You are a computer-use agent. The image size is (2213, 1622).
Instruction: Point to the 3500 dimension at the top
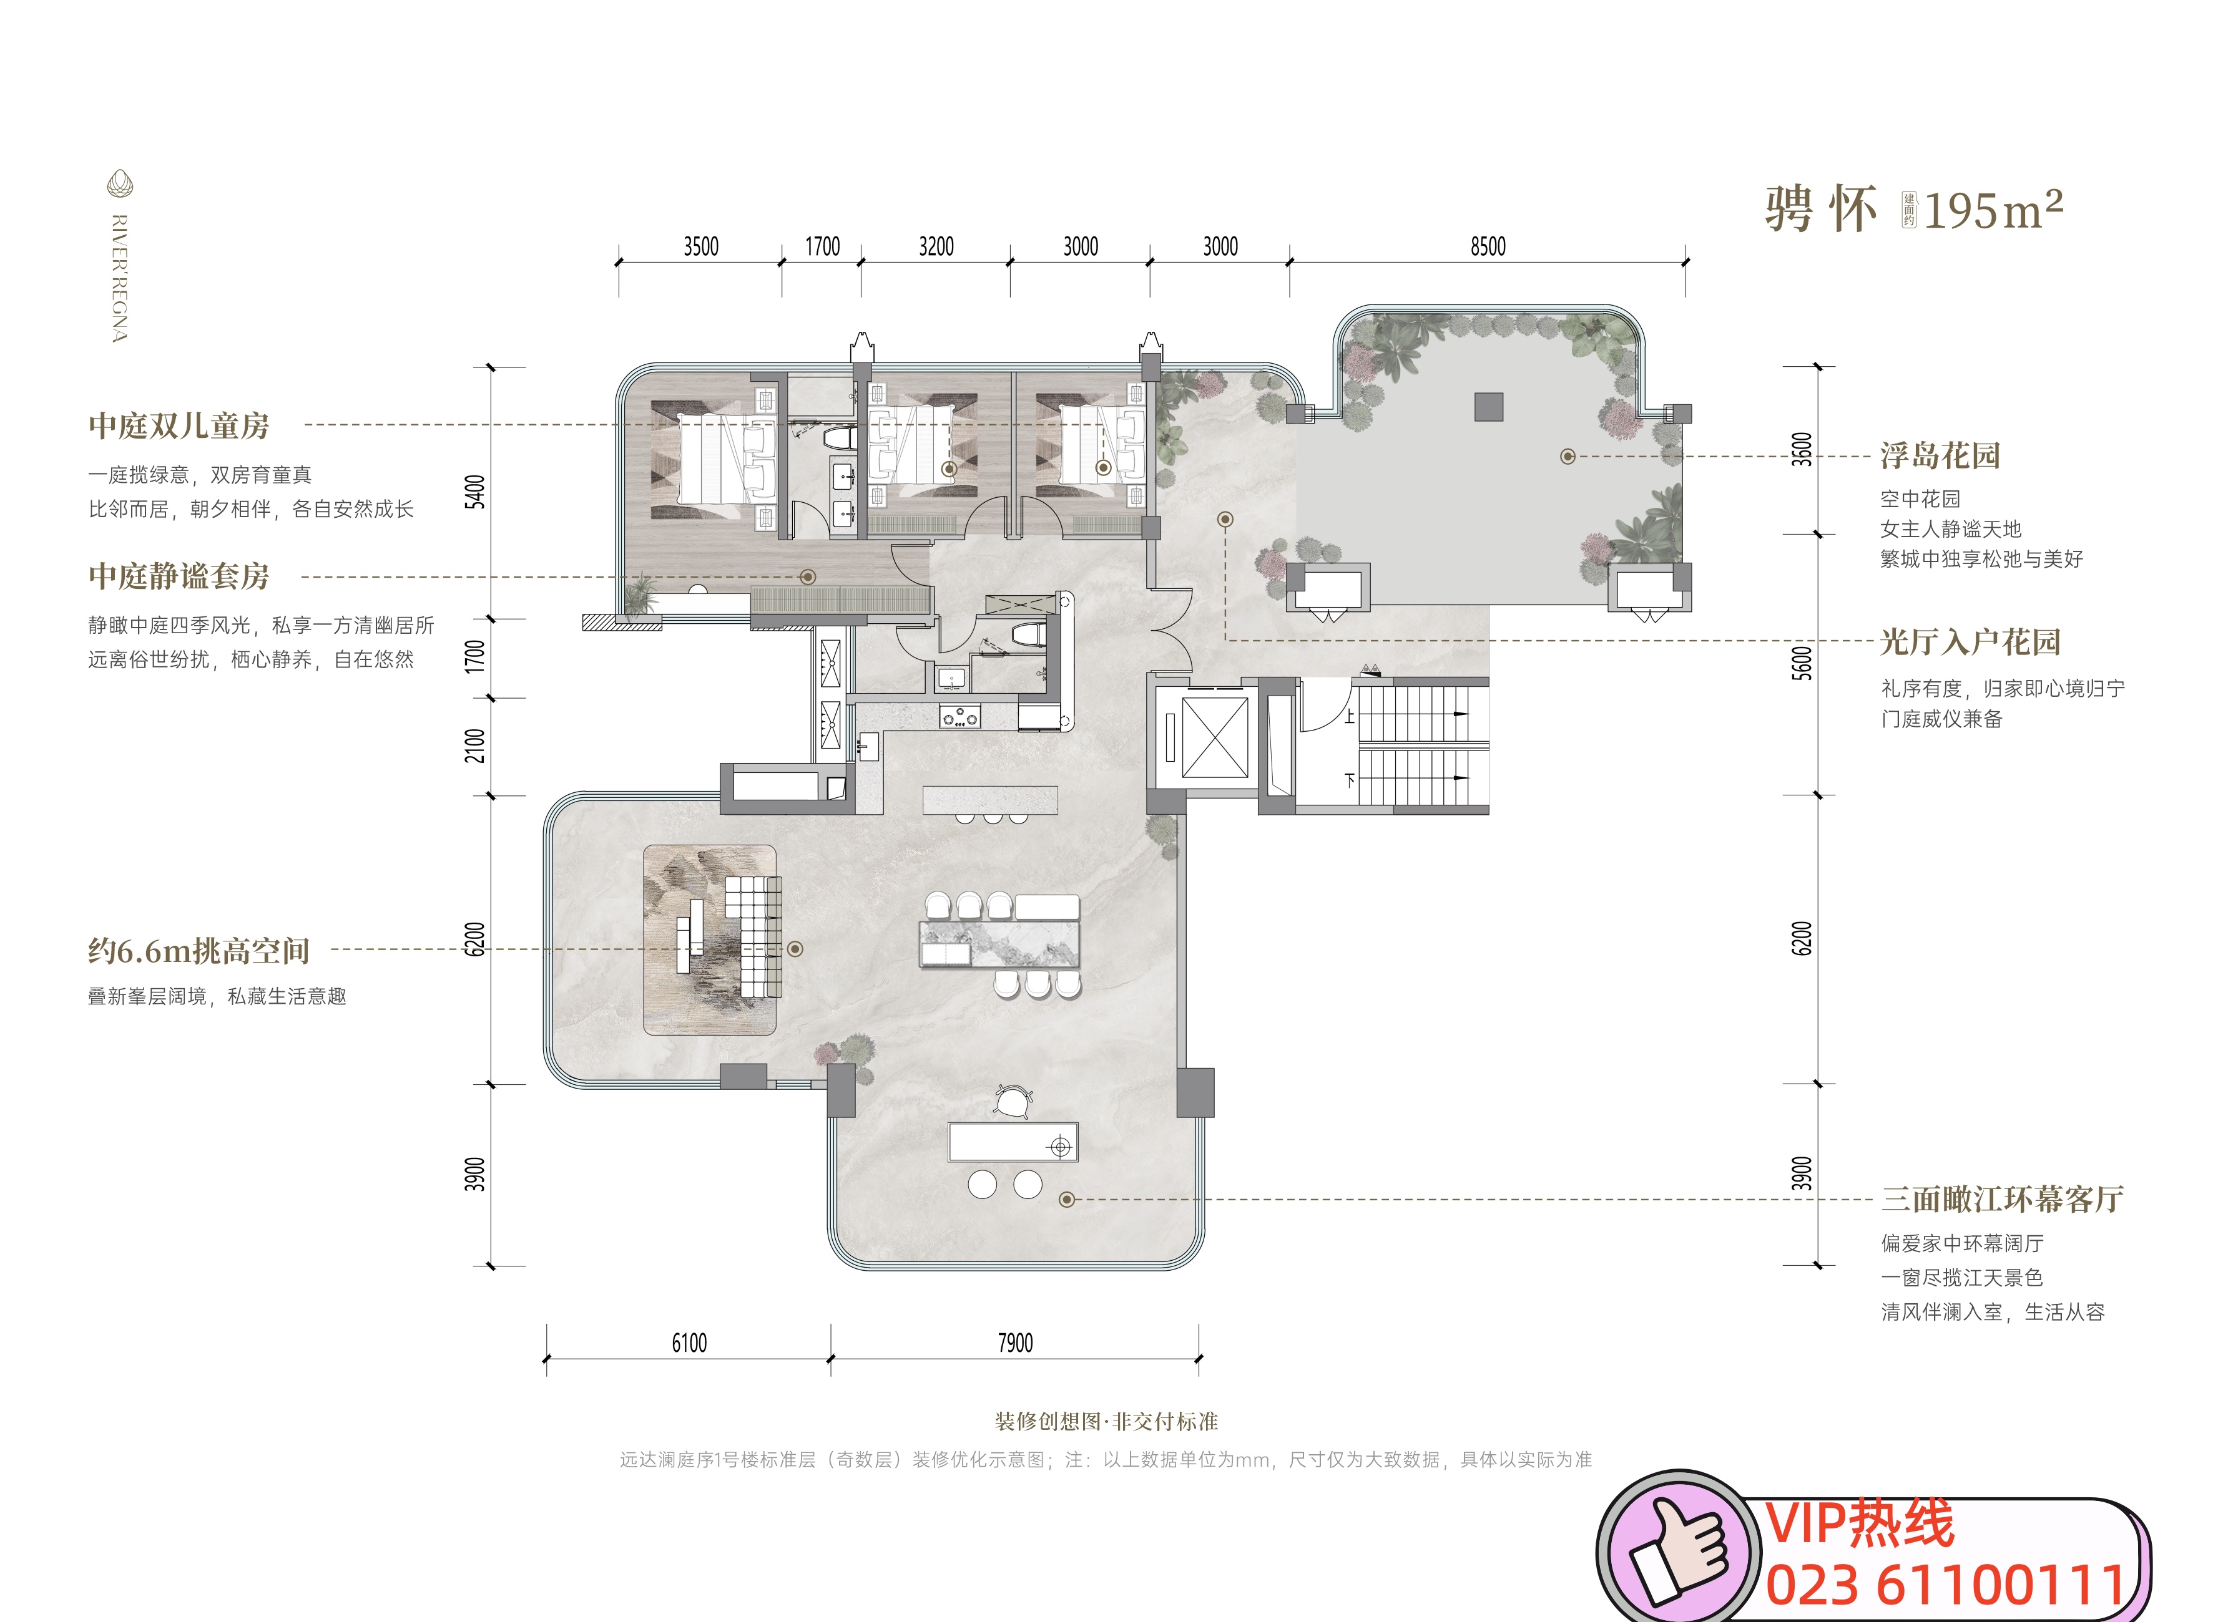tap(700, 246)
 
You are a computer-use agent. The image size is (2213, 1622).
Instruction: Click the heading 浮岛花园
tap(1940, 455)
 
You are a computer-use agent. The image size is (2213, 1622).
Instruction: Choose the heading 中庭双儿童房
tap(179, 425)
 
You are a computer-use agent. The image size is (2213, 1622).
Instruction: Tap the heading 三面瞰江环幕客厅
tap(2002, 1199)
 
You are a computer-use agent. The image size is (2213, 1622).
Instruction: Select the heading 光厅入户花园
tap(1970, 642)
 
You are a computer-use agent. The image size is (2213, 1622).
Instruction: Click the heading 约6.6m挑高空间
tap(199, 950)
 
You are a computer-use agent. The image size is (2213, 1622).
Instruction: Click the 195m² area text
tap(1993, 209)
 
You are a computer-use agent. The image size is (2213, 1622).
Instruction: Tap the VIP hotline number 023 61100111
tap(1947, 1585)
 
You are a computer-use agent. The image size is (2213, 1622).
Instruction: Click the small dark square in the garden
tap(1488, 407)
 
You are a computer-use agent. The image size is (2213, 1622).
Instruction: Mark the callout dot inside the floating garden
tap(1568, 457)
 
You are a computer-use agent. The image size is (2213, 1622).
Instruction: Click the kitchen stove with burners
tap(959, 717)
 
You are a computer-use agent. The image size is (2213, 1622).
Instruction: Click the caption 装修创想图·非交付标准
tap(1106, 1420)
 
